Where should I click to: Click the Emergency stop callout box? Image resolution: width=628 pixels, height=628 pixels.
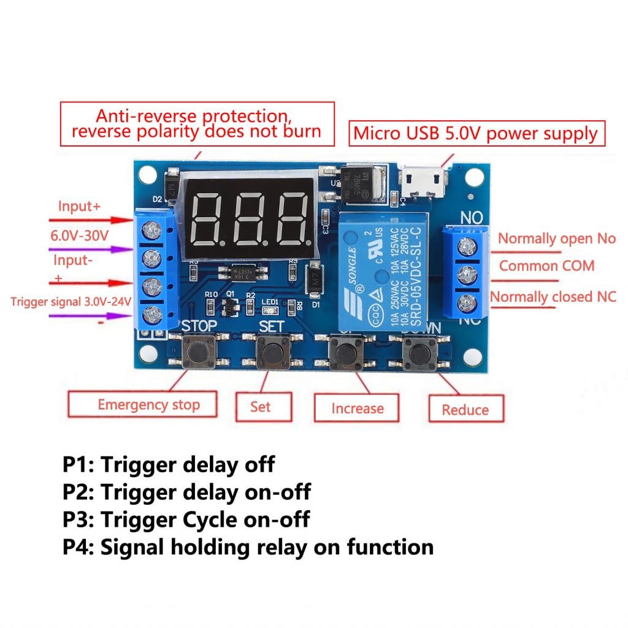click(x=143, y=405)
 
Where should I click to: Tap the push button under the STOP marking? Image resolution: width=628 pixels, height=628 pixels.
click(x=198, y=352)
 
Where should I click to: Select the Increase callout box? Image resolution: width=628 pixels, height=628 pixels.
click(x=358, y=408)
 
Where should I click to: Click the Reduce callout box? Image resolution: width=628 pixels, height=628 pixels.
click(x=466, y=410)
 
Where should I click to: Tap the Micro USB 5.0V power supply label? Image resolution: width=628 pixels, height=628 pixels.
click(x=476, y=133)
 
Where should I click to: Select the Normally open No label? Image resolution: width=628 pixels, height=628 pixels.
click(x=556, y=239)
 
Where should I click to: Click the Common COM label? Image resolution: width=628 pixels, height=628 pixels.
click(x=546, y=266)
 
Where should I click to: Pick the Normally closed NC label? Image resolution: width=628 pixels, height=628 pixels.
click(x=553, y=297)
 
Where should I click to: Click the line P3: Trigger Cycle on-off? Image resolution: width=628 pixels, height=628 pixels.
click(x=186, y=519)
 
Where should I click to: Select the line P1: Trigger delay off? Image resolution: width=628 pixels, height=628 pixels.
click(x=169, y=464)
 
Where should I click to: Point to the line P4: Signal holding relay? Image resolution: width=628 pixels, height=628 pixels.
click(x=248, y=546)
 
